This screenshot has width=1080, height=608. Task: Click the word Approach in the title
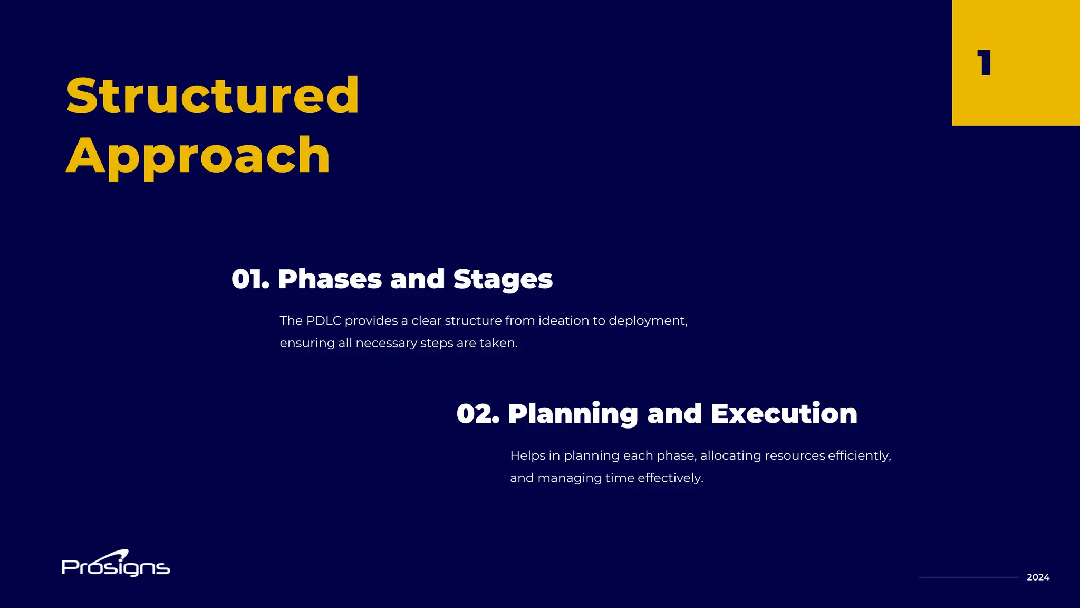pos(198,156)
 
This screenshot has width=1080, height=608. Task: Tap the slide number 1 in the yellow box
pos(984,63)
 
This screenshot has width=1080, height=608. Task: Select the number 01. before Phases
pos(250,279)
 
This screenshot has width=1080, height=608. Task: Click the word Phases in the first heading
pos(330,279)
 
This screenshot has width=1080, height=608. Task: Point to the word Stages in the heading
pos(503,279)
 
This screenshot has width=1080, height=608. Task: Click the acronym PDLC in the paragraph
pos(323,321)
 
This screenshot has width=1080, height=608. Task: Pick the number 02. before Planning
pos(477,414)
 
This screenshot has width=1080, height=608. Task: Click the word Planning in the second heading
pos(573,414)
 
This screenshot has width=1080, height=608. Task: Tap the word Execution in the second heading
pos(784,414)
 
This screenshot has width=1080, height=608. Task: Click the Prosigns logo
pos(115,565)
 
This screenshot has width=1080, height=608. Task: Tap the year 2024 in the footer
pos(1038,577)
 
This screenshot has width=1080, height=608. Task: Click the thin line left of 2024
pos(968,577)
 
